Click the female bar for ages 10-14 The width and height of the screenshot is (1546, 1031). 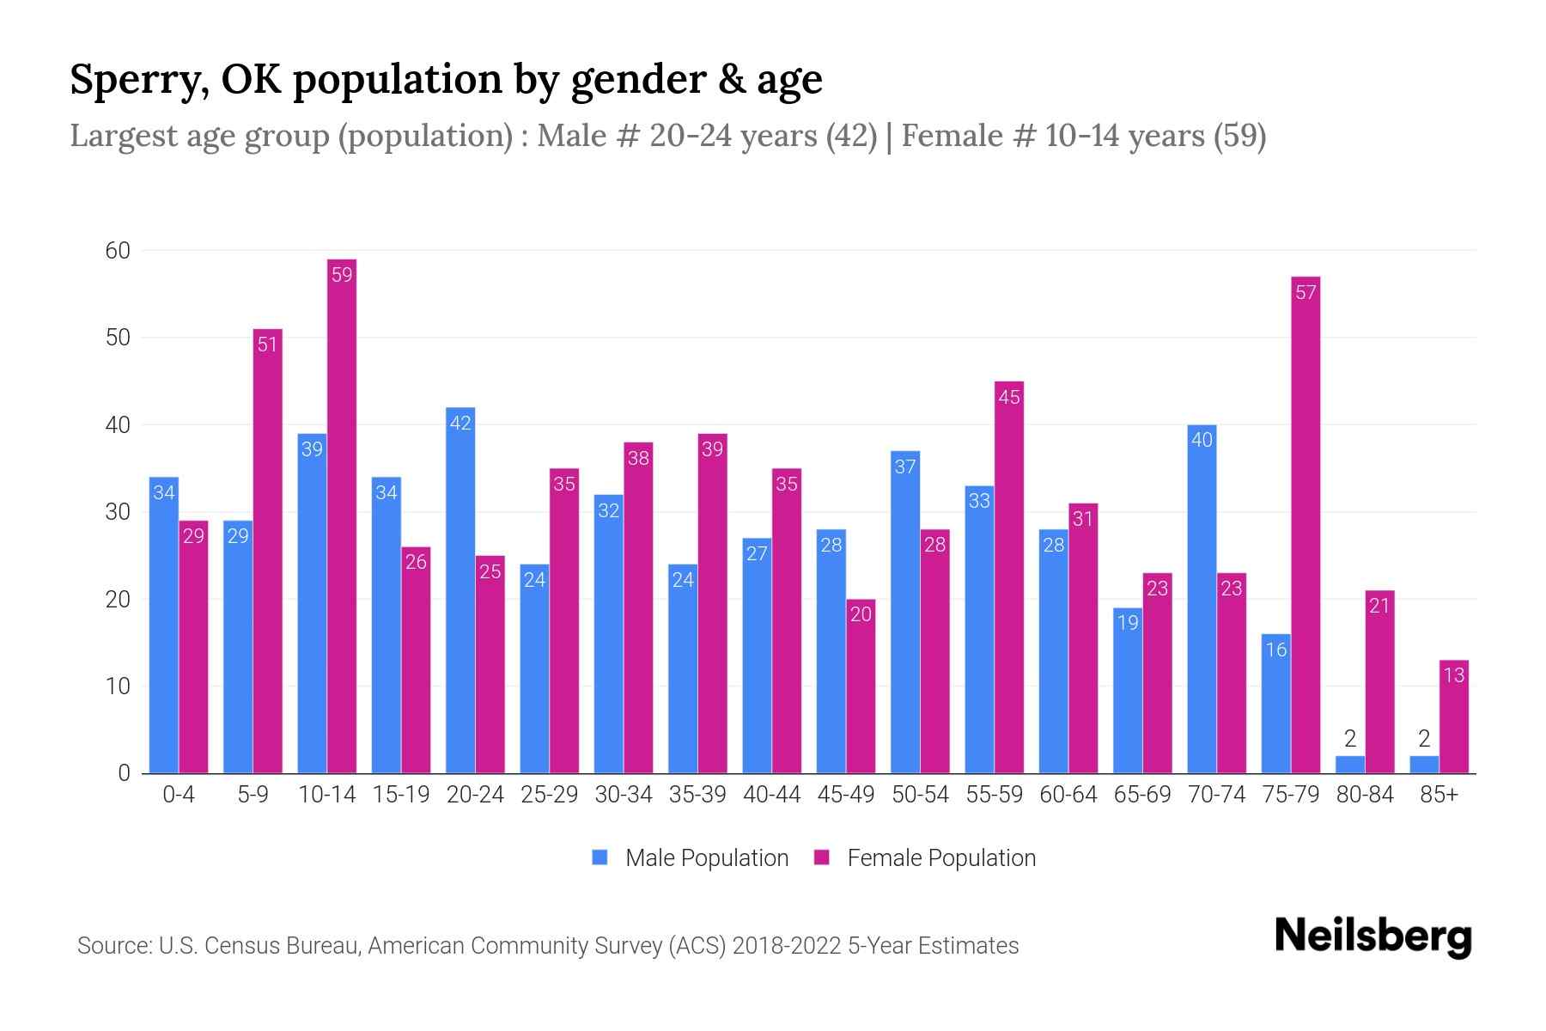(342, 515)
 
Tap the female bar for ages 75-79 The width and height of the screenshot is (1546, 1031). (1306, 524)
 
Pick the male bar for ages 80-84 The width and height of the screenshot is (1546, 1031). (1350, 765)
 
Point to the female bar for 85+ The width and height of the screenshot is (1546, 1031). (1454, 717)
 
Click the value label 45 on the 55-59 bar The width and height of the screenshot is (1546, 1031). (1009, 397)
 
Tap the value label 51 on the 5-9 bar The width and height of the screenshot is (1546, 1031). (268, 345)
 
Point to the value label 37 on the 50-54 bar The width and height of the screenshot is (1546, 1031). (905, 467)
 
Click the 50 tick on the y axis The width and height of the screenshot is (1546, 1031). (118, 338)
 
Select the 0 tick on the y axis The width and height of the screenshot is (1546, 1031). (125, 773)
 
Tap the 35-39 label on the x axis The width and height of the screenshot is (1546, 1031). (697, 795)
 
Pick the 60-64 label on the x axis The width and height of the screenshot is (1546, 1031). (1068, 795)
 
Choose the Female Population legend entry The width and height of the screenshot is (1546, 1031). (925, 858)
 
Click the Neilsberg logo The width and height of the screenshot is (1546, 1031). (1373, 936)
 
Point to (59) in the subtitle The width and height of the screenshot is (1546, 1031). (1239, 136)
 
